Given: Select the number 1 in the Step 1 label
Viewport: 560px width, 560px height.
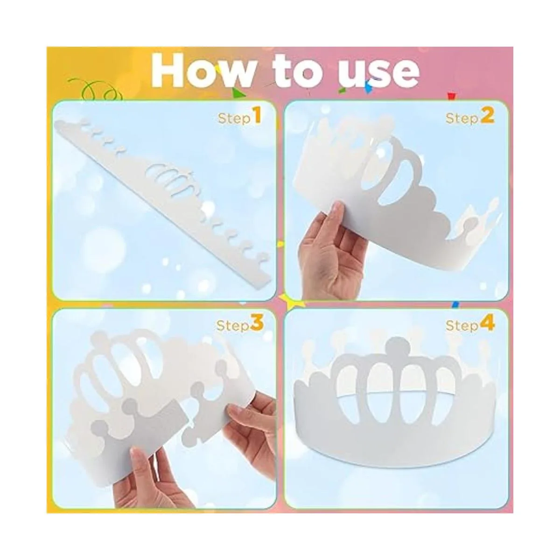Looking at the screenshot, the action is coord(256,115).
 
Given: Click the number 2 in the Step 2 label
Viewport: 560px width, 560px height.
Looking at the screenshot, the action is coord(488,115).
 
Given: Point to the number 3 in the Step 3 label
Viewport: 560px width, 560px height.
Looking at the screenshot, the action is coord(257,323).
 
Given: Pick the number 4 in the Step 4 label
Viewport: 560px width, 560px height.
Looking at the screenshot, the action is coord(487,323).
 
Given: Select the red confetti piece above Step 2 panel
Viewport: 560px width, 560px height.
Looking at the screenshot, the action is coord(451,96).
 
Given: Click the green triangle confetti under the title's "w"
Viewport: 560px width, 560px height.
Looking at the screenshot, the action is coord(238,92).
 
